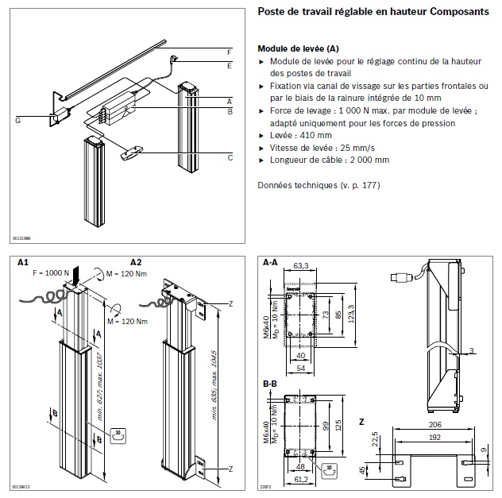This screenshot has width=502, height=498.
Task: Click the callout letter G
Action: [x=17, y=120]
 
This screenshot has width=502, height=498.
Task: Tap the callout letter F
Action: [x=229, y=52]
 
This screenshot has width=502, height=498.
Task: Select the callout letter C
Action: [x=230, y=157]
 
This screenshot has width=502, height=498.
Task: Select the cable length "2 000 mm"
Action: [x=365, y=160]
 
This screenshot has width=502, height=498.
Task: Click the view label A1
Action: [x=23, y=261]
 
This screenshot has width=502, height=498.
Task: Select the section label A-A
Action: [x=269, y=261]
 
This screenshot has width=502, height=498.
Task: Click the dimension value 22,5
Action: [x=374, y=438]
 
